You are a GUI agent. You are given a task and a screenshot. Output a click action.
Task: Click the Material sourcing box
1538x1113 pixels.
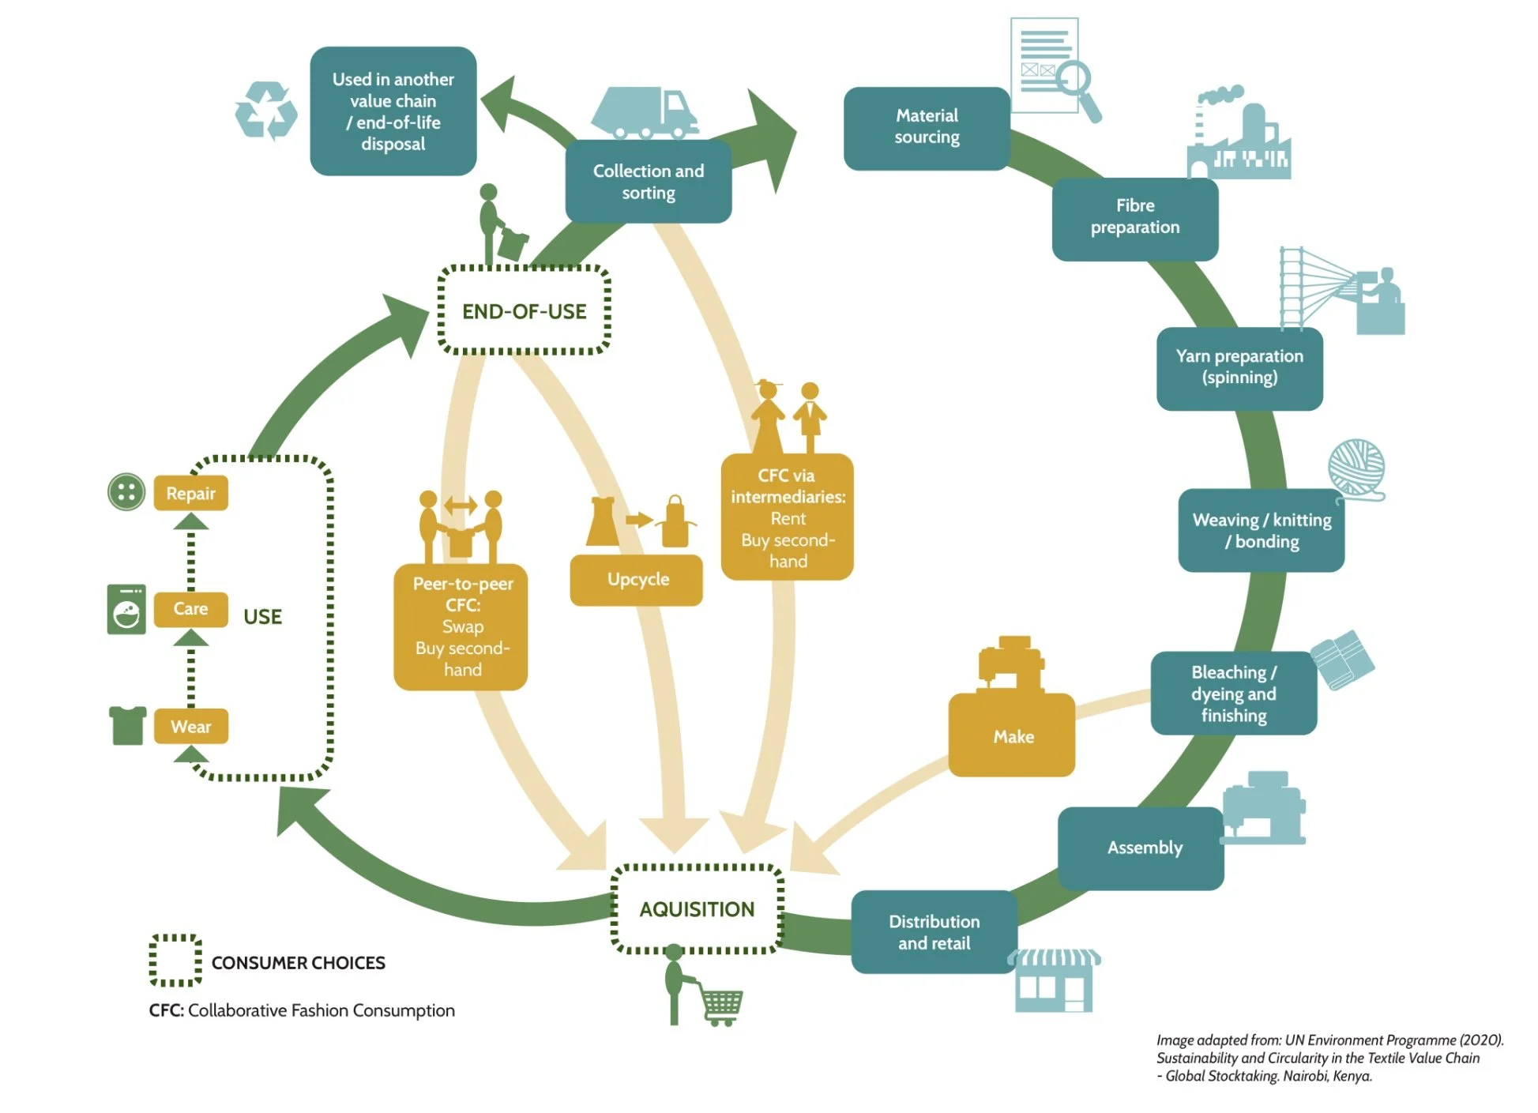(927, 128)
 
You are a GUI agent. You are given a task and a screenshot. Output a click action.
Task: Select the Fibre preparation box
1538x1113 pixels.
(1135, 219)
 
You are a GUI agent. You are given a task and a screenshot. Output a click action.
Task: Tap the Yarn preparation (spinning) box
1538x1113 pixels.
(1239, 368)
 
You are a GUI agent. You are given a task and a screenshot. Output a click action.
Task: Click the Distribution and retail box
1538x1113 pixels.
(934, 932)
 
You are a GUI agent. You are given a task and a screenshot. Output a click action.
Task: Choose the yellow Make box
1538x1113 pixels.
(1012, 735)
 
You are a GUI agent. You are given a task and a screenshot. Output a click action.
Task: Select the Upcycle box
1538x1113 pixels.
(637, 580)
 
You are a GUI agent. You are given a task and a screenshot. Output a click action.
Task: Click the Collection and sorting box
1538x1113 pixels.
(649, 182)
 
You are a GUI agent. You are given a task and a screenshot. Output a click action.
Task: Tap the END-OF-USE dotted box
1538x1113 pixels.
(525, 310)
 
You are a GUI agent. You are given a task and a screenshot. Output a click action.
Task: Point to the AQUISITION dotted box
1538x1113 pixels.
(698, 909)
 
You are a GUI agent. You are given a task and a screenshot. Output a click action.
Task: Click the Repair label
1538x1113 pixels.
(191, 493)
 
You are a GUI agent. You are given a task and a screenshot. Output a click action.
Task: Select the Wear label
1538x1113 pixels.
(191, 726)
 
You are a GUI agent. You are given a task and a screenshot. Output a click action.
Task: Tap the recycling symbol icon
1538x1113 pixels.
(266, 111)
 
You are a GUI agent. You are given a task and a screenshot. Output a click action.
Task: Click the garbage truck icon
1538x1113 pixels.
(645, 113)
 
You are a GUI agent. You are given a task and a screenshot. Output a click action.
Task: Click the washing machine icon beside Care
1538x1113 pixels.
(126, 609)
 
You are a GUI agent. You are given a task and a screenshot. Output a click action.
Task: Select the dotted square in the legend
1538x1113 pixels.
(175, 961)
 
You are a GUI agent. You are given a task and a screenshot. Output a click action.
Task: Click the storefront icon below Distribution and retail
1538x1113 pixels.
(1055, 980)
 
